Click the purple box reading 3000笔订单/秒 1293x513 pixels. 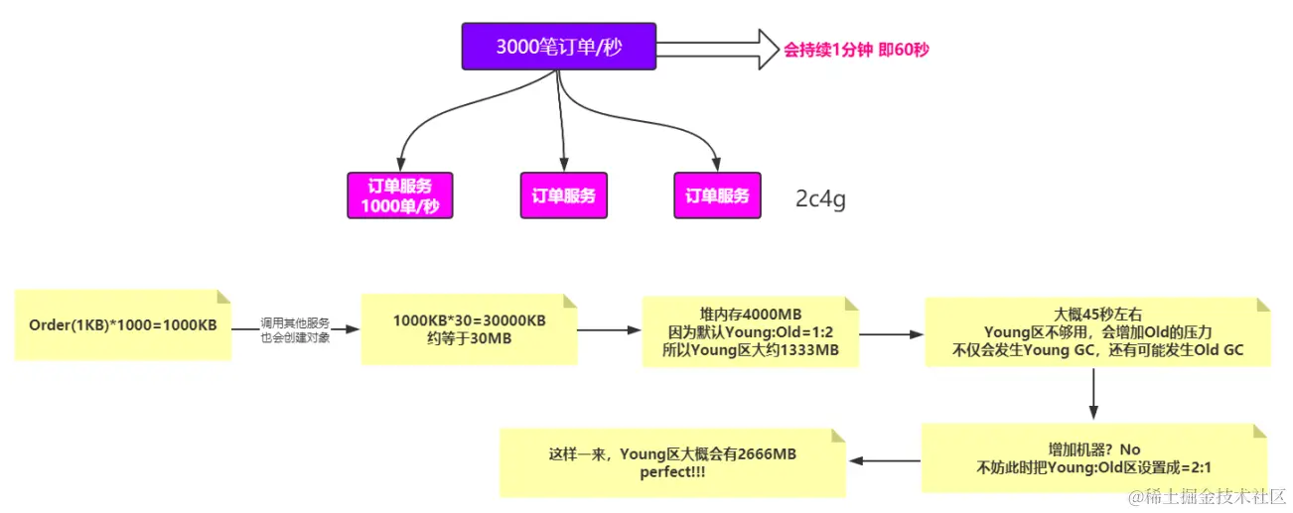coord(558,47)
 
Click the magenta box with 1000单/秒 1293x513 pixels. coord(400,195)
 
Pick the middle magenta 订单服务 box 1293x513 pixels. coord(563,195)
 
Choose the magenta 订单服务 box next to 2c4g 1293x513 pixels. coord(717,195)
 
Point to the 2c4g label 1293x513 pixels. coord(820,197)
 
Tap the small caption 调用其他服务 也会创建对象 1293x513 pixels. coord(295,329)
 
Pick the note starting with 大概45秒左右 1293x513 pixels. coord(1096,331)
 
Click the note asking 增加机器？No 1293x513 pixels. coord(1093,457)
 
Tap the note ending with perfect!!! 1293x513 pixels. coord(672,462)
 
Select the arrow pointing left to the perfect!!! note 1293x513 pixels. coord(884,460)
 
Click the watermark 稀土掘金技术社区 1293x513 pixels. coord(1214,495)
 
